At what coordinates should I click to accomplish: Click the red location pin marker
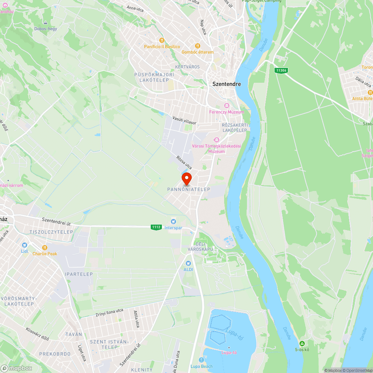(186, 178)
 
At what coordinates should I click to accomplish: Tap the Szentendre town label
(227, 84)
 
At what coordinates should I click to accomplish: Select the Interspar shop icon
(173, 222)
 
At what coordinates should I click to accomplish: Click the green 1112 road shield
(156, 227)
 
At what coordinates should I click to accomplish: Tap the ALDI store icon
(188, 263)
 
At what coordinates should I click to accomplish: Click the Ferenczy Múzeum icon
(226, 106)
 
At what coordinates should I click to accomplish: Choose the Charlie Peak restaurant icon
(45, 247)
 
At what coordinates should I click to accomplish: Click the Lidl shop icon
(25, 245)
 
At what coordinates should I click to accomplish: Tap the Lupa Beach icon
(201, 360)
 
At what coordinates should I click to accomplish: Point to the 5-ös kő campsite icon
(302, 343)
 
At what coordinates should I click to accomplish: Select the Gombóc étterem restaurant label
(198, 52)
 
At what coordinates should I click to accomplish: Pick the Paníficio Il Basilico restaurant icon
(162, 40)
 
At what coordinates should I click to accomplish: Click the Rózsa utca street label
(184, 162)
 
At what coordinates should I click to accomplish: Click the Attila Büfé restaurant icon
(370, 92)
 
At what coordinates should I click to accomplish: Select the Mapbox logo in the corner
(17, 368)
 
